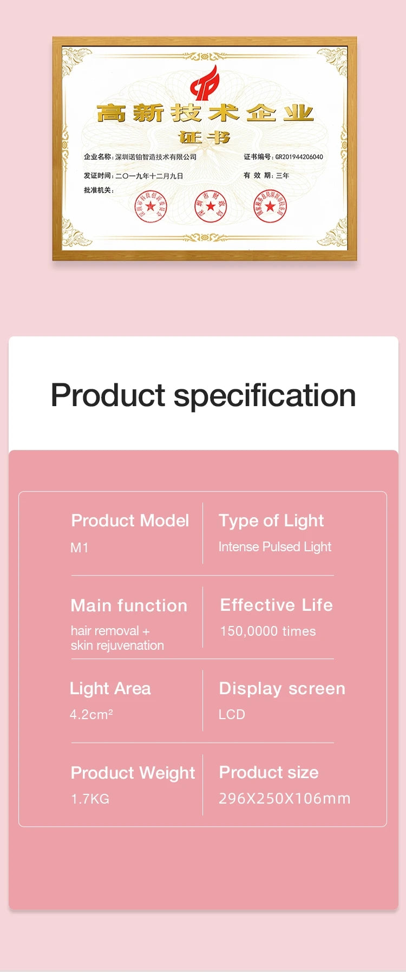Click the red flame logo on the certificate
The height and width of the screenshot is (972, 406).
205,84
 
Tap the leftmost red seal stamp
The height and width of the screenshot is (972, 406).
150,206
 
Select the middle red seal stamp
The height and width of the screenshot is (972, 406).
211,206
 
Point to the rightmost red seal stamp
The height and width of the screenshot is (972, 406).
270,206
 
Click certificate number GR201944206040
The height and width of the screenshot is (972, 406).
299,157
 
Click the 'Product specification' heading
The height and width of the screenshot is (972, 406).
203,395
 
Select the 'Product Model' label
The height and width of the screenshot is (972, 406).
130,520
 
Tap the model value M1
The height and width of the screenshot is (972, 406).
79,547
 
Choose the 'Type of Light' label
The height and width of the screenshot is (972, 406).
271,520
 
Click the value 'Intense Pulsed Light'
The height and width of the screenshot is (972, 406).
274,546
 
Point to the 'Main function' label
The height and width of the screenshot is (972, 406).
129,605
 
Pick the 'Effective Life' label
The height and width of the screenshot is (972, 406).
276,604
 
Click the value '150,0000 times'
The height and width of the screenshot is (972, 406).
267,631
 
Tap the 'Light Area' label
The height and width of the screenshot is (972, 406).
110,688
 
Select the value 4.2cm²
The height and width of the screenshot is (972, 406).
91,714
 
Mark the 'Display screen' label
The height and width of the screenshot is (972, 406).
281,688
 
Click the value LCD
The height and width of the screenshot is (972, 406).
232,714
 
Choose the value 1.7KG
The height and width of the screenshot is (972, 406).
90,799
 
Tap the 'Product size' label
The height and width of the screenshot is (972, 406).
269,772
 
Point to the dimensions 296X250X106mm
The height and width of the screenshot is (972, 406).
284,798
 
